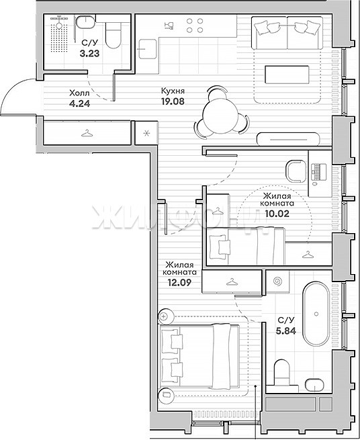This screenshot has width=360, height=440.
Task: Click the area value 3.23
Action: (89, 53)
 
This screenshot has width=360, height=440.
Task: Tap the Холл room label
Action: (79, 93)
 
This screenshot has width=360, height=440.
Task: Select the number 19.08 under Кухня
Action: (173, 101)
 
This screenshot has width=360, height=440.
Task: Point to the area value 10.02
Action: (277, 214)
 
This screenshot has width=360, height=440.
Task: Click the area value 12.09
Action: (179, 282)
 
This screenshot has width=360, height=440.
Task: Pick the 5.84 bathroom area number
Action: (286, 331)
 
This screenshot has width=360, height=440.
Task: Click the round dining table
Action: (222, 115)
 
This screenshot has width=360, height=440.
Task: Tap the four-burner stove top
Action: (195, 26)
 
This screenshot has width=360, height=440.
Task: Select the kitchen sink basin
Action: (148, 49)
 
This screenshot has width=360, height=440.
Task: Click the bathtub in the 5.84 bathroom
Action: (316, 314)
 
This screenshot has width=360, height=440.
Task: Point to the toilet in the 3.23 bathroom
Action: (114, 35)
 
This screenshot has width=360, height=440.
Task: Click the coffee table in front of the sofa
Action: (287, 75)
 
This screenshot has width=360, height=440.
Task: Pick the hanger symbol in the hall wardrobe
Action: (87, 133)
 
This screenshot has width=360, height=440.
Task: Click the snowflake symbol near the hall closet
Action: (146, 133)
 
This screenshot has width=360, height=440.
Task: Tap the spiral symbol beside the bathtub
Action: (278, 281)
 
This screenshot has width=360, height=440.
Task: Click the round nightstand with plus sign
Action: (164, 316)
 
